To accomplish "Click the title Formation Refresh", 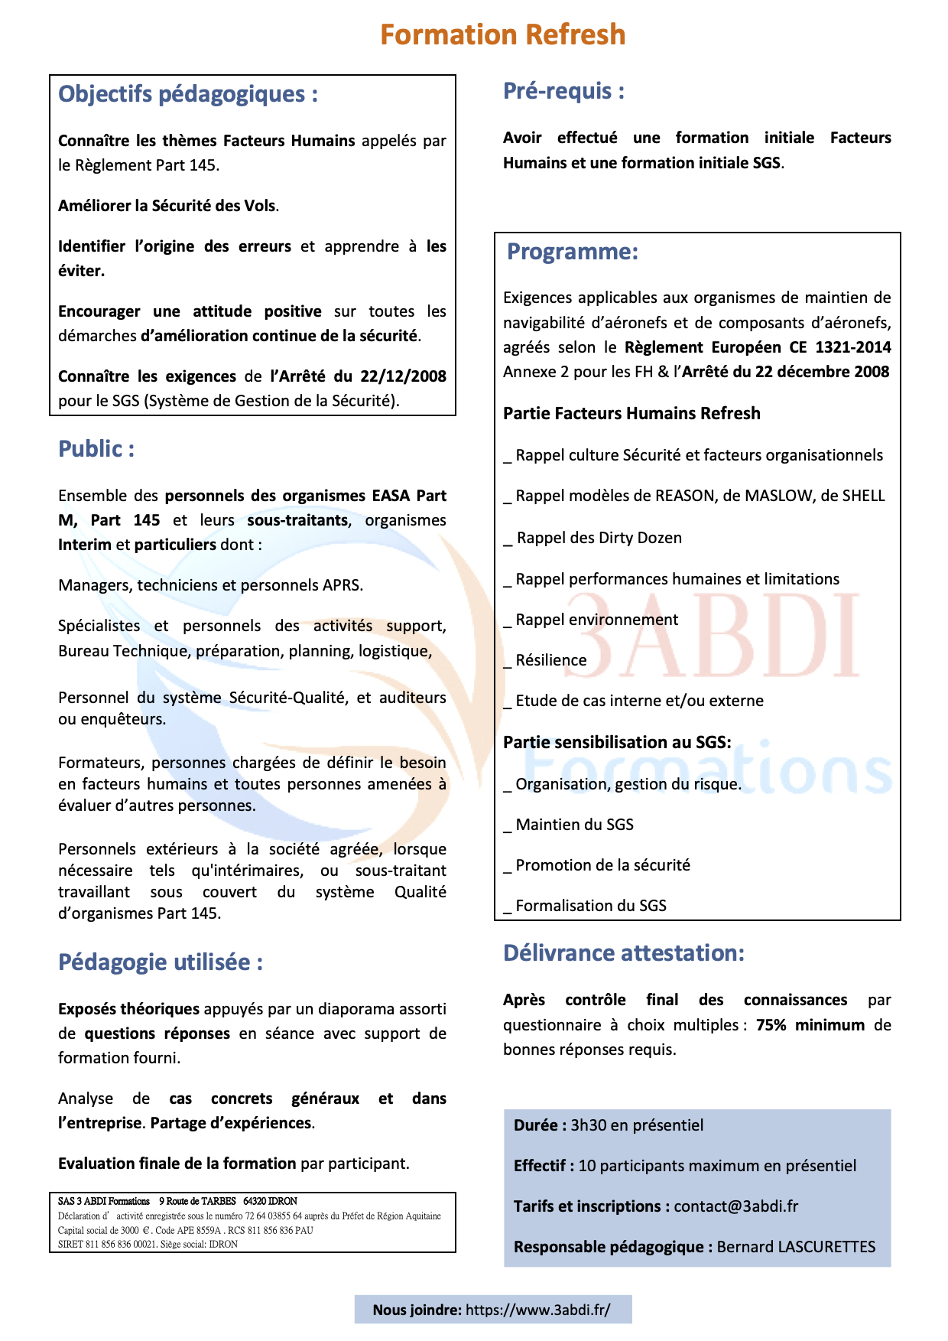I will [502, 35].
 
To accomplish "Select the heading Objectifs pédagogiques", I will [187, 94].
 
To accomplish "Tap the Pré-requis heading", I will [563, 91].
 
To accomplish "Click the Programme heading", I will [572, 252].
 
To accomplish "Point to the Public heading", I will [96, 449].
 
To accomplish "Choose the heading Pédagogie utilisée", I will [160, 962].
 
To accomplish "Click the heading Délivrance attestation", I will [623, 953].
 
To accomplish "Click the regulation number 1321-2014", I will [852, 347].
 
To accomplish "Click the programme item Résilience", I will [551, 660].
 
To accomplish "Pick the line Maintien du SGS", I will [574, 825].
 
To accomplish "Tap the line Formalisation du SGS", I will [591, 906].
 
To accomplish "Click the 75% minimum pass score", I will [810, 1025].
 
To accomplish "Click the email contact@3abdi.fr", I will [735, 1206].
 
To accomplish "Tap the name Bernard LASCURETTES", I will [796, 1247].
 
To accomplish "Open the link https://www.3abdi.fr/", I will [537, 1310].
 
